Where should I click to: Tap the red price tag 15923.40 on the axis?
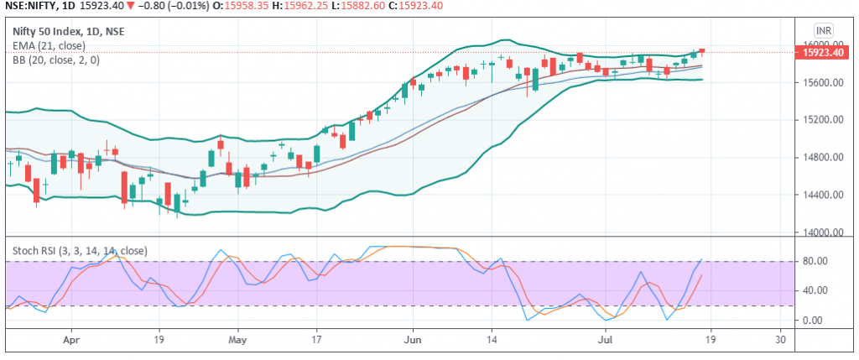[822, 52]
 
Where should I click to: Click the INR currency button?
[824, 30]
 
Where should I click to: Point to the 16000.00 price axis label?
[822, 44]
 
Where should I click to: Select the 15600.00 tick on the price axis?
[822, 83]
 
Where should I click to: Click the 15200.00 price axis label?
[822, 120]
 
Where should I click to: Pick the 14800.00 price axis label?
[822, 158]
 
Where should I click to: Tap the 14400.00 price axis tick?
[822, 196]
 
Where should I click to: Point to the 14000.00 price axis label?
[822, 233]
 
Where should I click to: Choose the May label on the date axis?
[238, 341]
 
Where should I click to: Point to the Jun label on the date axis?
[412, 341]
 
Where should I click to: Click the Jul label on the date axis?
[603, 341]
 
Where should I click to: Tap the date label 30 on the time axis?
[781, 341]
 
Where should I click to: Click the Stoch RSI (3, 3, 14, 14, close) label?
[80, 250]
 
